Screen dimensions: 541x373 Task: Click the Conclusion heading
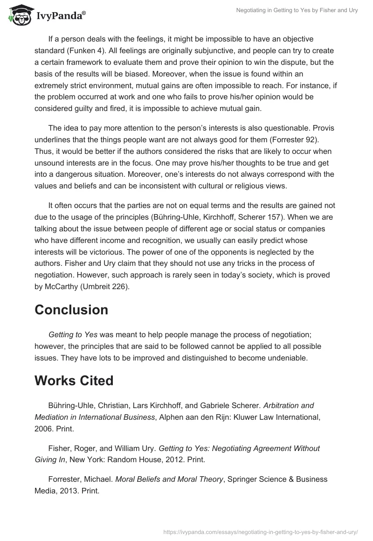(71, 310)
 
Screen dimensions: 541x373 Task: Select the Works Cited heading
(74, 381)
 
